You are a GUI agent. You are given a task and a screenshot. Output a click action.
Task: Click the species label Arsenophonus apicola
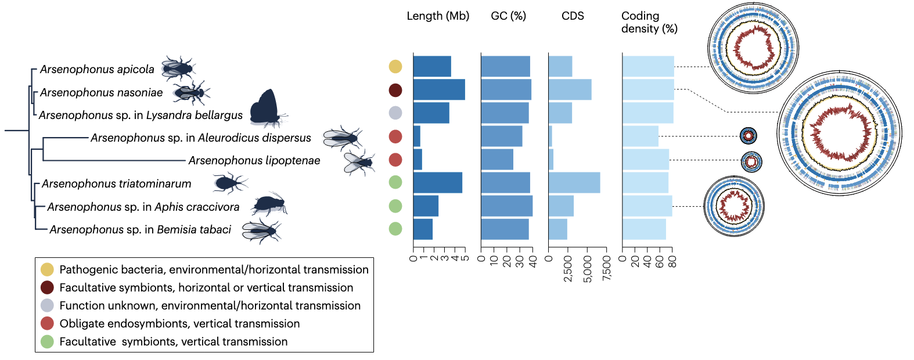(x=97, y=70)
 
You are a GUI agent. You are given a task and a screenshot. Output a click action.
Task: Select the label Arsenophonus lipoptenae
(x=254, y=161)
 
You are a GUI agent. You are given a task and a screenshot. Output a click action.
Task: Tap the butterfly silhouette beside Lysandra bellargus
(x=266, y=108)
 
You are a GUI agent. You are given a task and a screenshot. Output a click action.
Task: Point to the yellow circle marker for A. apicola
(x=395, y=67)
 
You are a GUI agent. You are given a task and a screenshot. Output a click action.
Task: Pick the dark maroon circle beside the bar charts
(x=395, y=90)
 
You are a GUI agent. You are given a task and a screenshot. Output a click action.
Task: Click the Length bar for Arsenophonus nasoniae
(x=439, y=89)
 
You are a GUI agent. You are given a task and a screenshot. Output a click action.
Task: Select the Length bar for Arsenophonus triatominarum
(x=438, y=182)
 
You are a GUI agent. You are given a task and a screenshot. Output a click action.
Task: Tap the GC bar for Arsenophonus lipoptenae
(x=497, y=159)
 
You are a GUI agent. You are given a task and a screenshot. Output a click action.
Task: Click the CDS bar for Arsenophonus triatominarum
(x=574, y=182)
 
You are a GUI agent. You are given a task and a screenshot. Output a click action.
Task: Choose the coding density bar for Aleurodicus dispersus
(x=640, y=136)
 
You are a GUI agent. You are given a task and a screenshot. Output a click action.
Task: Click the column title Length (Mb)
(x=438, y=16)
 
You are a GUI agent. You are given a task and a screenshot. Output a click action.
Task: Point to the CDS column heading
(x=573, y=16)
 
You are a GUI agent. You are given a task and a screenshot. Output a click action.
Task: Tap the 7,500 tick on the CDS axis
(x=607, y=268)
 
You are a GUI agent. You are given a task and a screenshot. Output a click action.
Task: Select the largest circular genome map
(x=839, y=133)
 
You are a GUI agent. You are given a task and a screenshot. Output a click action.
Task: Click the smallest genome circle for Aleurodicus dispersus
(x=749, y=136)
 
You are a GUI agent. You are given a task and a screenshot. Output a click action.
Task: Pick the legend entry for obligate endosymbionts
(x=179, y=323)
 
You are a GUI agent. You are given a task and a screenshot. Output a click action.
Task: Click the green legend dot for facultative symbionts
(x=47, y=341)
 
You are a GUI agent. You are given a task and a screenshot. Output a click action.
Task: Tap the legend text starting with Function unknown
(x=210, y=305)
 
